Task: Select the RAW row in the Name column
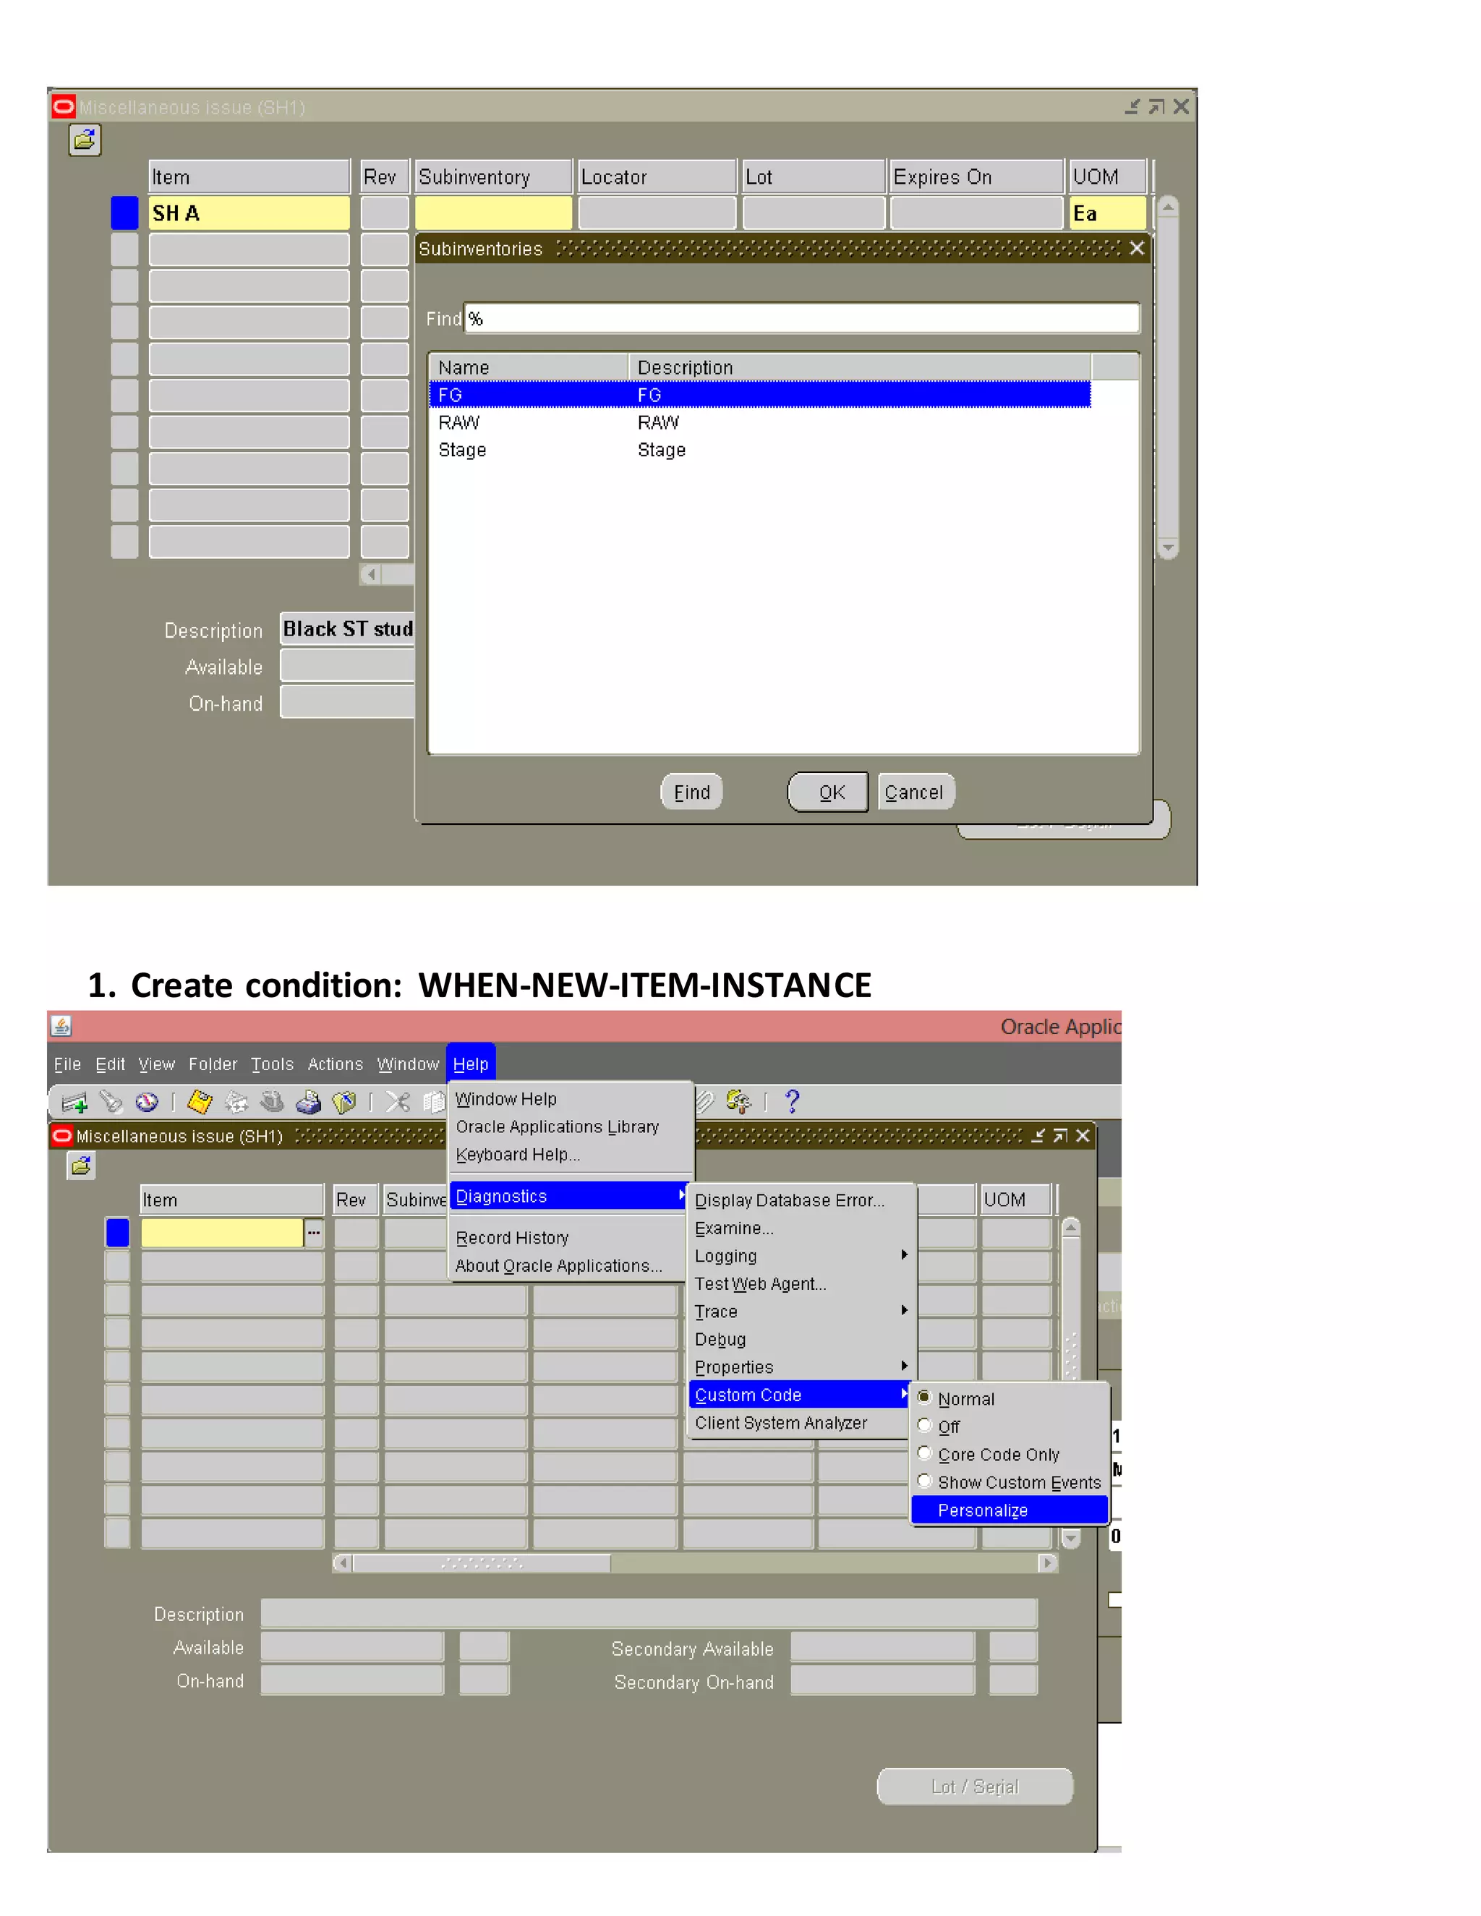(x=459, y=423)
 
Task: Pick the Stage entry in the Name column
(x=462, y=450)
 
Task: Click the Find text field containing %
(x=801, y=318)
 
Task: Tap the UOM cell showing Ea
(x=1106, y=213)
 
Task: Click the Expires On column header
(x=976, y=176)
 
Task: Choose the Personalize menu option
(x=983, y=1510)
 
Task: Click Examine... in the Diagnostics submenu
(x=733, y=1228)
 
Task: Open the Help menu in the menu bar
(x=470, y=1064)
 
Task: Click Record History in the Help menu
(x=513, y=1238)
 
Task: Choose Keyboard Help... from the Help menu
(x=518, y=1155)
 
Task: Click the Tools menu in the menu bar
(x=272, y=1064)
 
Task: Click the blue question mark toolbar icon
(x=793, y=1101)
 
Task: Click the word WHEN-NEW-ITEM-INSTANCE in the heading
(x=645, y=985)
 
